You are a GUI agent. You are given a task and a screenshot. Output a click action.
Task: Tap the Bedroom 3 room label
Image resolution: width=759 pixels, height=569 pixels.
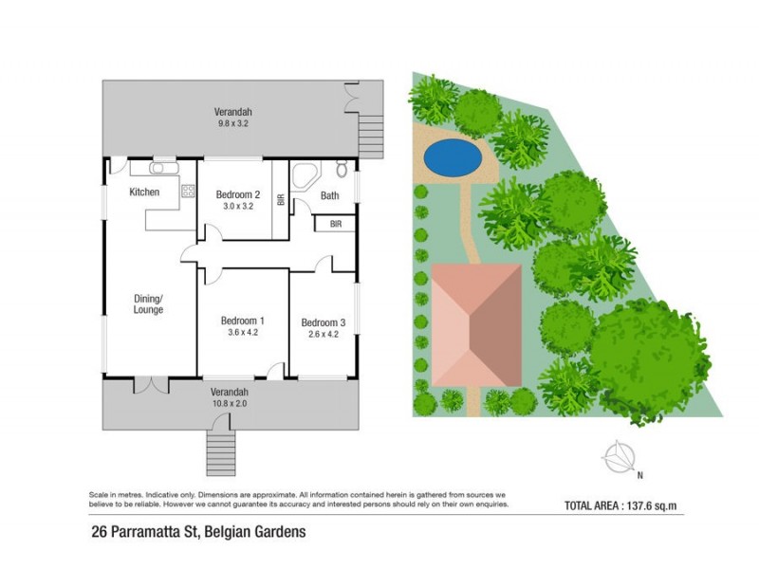tap(323, 322)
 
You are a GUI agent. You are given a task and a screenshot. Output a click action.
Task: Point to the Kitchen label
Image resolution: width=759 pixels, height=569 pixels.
tap(144, 193)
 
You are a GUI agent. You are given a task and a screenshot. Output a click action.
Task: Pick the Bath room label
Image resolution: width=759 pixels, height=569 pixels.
tap(329, 196)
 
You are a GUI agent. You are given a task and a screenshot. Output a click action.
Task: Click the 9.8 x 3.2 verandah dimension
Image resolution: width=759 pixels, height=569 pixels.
tap(232, 122)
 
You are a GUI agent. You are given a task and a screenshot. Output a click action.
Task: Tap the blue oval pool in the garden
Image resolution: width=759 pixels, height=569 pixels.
tap(451, 157)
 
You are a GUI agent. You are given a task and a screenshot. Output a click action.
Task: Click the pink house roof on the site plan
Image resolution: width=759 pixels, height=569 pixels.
tap(476, 324)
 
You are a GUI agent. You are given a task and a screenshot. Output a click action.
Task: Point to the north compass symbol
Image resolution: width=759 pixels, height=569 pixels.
tap(619, 458)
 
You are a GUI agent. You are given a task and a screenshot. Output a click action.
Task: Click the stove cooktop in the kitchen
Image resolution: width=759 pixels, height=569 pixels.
tap(187, 191)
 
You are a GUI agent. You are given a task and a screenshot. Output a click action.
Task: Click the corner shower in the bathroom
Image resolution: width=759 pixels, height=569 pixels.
tap(304, 176)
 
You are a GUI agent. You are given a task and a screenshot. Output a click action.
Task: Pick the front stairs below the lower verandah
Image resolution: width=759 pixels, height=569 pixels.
tap(220, 451)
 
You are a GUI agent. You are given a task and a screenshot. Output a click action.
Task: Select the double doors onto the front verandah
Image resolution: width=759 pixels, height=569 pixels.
tap(150, 384)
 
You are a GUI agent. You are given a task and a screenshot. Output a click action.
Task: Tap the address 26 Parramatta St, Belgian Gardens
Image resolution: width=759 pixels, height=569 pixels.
tap(198, 532)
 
